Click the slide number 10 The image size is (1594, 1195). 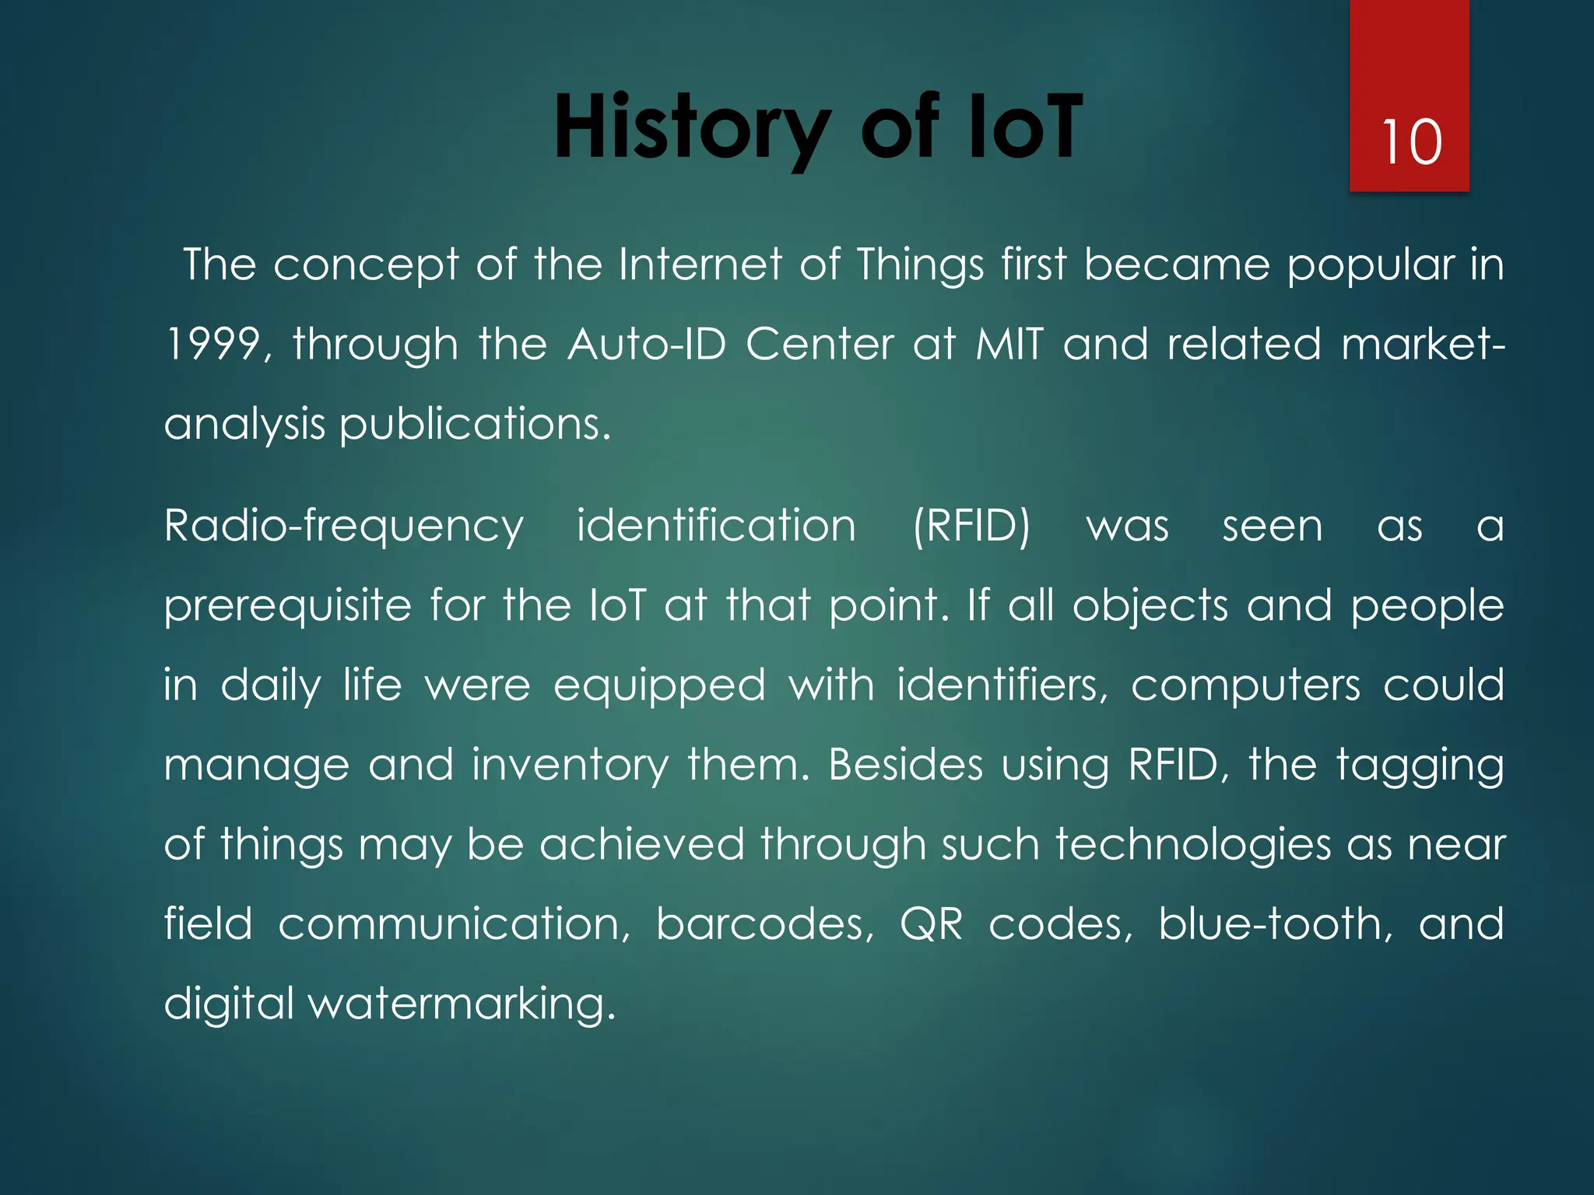point(1411,142)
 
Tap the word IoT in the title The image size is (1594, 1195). point(1024,127)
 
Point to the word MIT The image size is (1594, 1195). point(1009,344)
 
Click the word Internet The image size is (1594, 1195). point(700,265)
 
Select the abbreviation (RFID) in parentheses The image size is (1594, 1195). point(971,527)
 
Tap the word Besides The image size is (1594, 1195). point(905,765)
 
